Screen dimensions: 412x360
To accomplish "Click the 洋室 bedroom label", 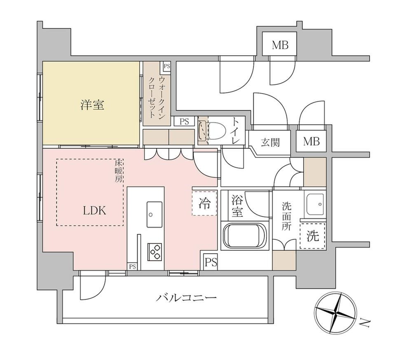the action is point(92,105).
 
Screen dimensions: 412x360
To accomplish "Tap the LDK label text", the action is point(95,210).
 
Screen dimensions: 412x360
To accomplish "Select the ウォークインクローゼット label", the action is point(157,97).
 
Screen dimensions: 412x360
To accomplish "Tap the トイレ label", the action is point(236,131).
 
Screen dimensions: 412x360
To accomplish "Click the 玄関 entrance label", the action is point(270,142).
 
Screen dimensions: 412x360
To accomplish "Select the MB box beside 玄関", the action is point(311,141).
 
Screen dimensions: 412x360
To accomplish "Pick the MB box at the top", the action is point(280,44).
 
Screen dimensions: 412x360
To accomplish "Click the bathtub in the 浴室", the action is point(245,236).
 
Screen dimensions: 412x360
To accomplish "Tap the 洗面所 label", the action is point(286,216).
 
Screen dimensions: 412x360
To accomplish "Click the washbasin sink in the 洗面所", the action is point(315,204).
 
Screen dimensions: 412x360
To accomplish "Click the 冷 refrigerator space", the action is point(204,203).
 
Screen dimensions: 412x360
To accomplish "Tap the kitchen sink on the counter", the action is point(154,215).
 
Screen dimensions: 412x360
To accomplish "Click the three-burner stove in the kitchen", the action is point(154,252).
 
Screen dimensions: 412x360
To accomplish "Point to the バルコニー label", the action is point(186,298).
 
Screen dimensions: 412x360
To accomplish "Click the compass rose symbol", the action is point(336,313).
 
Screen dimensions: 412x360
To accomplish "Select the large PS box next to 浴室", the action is point(211,262).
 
